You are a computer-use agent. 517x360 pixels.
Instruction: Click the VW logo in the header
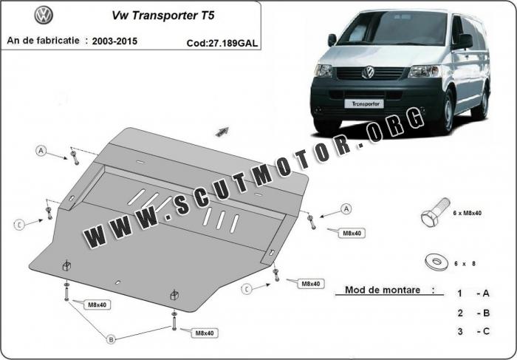point(44,16)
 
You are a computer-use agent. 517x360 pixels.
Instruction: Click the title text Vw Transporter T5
point(163,16)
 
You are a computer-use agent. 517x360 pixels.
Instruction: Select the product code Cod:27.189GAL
point(222,43)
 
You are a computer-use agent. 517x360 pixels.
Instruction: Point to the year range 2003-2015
point(114,41)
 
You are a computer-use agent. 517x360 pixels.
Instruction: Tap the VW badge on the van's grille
point(368,72)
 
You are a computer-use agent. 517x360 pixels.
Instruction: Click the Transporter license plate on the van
point(364,104)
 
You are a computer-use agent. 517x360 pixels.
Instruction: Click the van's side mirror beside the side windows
point(464,41)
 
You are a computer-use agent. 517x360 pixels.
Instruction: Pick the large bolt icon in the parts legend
point(435,212)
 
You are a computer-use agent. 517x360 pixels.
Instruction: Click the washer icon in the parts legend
point(436,262)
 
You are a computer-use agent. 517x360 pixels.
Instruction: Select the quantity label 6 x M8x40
point(468,213)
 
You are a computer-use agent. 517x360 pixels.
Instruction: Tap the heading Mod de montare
point(383,290)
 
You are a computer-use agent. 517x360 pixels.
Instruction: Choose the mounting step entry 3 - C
point(473,331)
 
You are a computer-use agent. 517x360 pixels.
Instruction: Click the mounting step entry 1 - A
point(473,293)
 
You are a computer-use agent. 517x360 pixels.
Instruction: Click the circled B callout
point(111,339)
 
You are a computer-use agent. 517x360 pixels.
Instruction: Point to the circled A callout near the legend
point(346,209)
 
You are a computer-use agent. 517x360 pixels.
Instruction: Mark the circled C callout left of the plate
point(19,225)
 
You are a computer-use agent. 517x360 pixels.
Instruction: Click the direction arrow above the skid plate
point(222,132)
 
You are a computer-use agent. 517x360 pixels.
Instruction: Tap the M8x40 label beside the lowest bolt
point(205,333)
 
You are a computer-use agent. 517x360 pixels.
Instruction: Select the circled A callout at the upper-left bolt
point(41,151)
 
